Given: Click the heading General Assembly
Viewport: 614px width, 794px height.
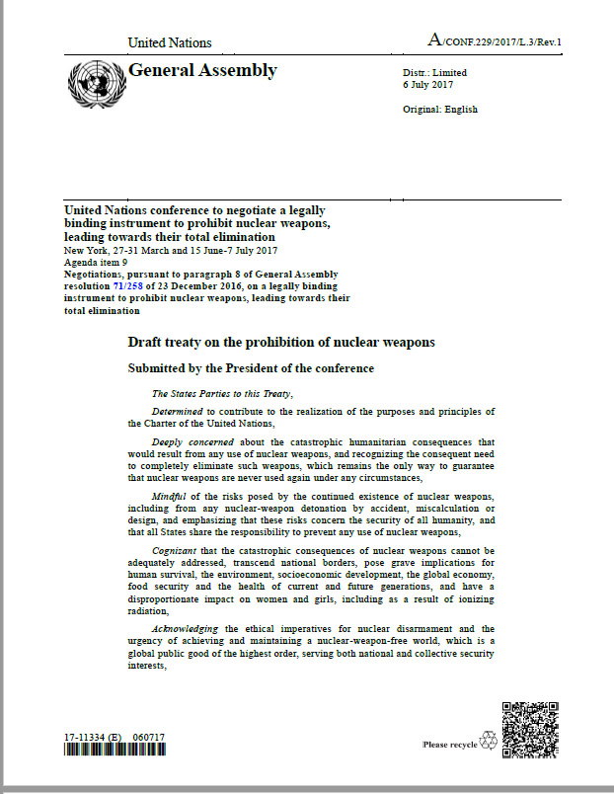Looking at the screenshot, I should click(x=202, y=70).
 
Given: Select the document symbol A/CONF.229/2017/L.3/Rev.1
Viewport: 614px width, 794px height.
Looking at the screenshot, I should click(x=501, y=40).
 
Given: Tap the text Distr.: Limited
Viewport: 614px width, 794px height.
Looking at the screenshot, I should click(x=434, y=73).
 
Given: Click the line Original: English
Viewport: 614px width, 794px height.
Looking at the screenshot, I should click(x=439, y=110).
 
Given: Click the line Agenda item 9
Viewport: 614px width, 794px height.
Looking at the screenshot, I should click(x=97, y=262).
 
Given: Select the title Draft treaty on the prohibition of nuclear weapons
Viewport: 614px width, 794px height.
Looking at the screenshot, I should click(x=281, y=343).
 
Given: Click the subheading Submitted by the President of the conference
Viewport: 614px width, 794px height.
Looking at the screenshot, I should click(x=251, y=368).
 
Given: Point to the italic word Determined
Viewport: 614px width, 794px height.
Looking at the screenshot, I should click(x=177, y=411).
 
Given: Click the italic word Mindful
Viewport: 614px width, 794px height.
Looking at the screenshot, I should click(x=170, y=494).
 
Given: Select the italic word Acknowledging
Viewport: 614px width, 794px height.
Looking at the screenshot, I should click(x=186, y=628).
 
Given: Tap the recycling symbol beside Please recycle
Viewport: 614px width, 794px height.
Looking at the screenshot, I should click(x=488, y=742).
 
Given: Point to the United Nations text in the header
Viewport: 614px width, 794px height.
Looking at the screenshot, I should click(x=170, y=42).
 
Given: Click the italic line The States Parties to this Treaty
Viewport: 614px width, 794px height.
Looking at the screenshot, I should click(x=208, y=393).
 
